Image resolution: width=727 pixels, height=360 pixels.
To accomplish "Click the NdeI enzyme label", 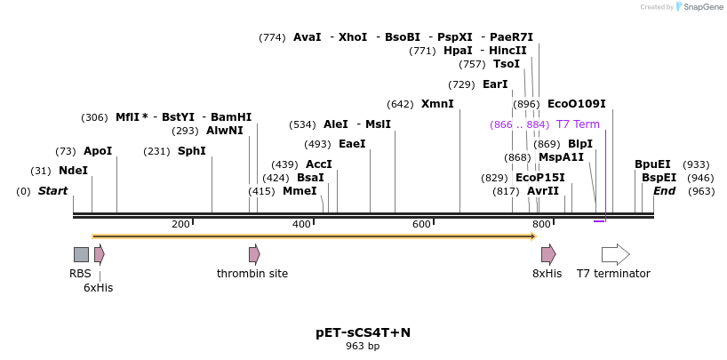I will tap(73, 171).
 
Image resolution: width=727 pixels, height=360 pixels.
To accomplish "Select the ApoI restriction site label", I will tap(98, 151).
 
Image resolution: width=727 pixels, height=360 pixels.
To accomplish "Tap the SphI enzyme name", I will tap(191, 151).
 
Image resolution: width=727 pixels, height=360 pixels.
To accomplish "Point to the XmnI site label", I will tap(437, 104).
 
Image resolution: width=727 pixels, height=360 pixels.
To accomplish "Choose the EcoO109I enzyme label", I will tap(576, 104).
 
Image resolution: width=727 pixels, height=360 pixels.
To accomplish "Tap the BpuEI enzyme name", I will tap(652, 164).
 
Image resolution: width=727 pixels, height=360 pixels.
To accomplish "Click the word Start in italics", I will tap(52, 191).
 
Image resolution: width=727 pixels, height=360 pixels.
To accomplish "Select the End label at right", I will tap(664, 191).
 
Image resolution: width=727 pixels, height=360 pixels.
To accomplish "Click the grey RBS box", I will tap(81, 254).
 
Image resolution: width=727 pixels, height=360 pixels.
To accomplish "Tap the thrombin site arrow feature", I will tap(254, 254).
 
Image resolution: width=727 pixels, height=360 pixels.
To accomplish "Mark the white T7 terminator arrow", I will tap(615, 254).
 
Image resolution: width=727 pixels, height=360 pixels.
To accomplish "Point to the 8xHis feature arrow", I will tap(548, 254).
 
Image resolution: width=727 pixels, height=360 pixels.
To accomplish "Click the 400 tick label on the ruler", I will tap(302, 224).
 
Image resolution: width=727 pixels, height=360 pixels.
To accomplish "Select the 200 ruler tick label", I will tap(180, 224).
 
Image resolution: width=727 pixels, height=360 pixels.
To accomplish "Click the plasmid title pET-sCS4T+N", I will tap(363, 332).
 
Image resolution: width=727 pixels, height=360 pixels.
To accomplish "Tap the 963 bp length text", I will tap(363, 347).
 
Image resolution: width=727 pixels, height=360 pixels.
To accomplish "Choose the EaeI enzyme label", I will tap(352, 144).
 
